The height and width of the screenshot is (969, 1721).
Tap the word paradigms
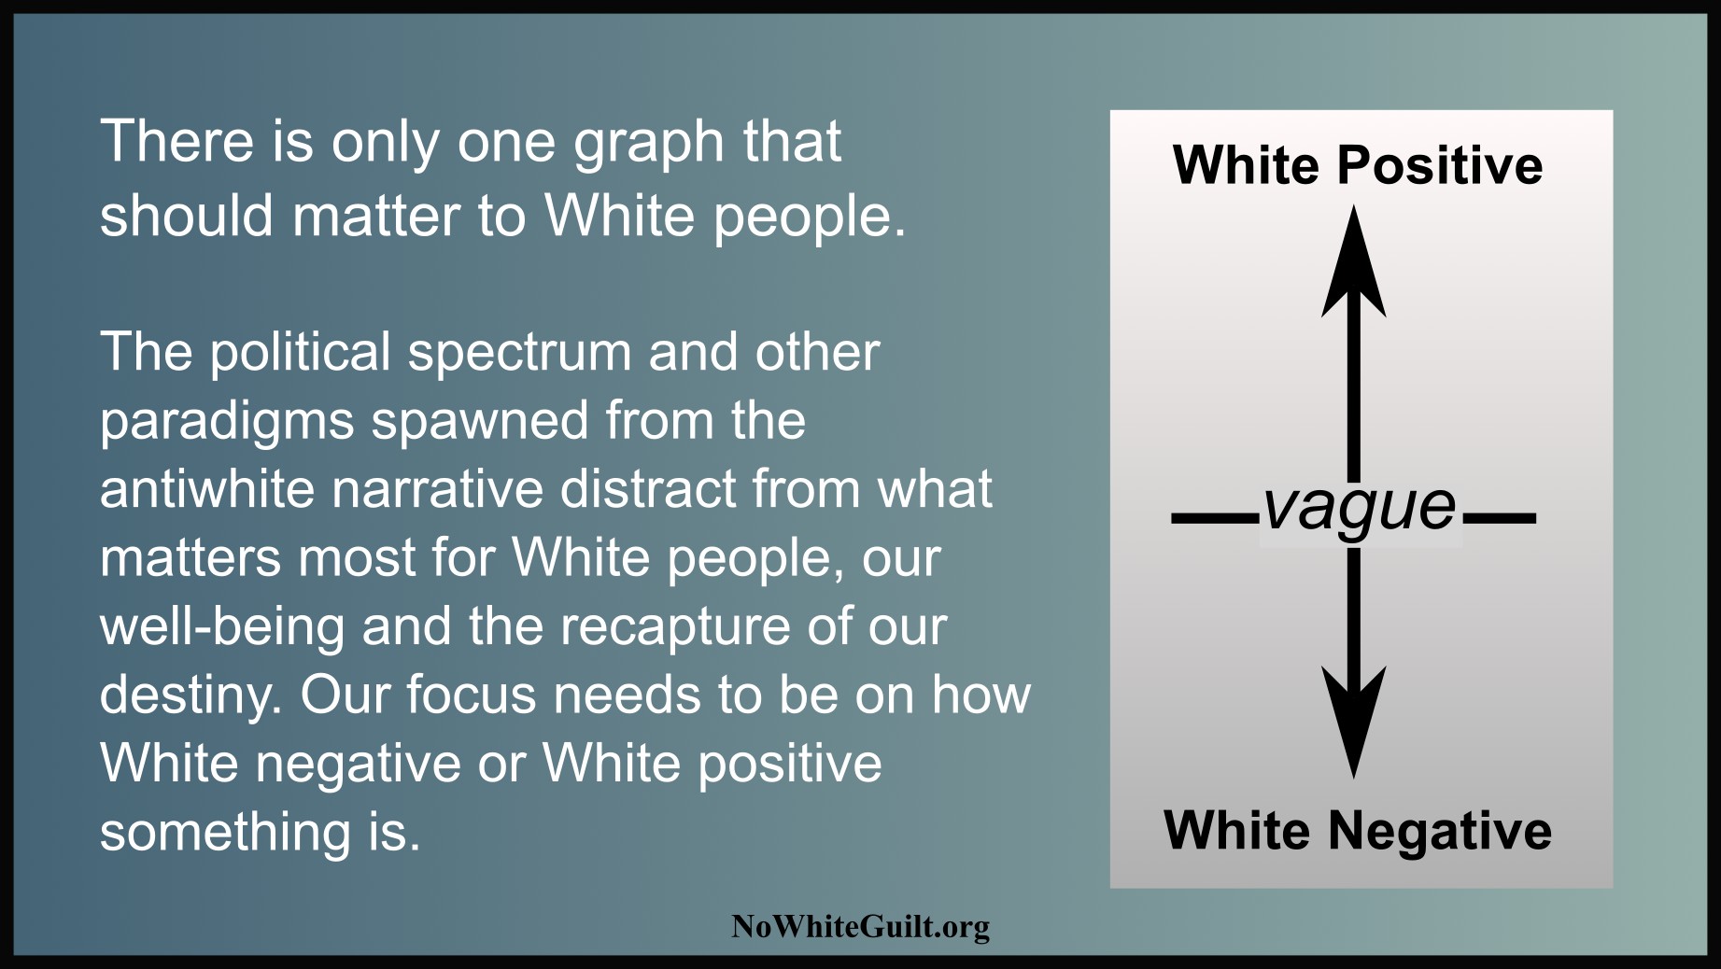pos(227,424)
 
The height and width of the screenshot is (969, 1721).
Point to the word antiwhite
pos(207,489)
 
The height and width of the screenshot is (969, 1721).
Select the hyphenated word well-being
pos(222,628)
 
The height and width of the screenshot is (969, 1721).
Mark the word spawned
pos(479,424)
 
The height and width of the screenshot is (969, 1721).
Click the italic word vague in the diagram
pos(1360,510)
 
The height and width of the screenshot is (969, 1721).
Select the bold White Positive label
pos(1358,166)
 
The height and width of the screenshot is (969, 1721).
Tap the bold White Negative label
pos(1358,831)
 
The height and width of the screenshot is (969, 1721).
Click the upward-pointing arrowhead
pos(1354,262)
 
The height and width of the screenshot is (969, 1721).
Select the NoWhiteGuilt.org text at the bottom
pos(860,927)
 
